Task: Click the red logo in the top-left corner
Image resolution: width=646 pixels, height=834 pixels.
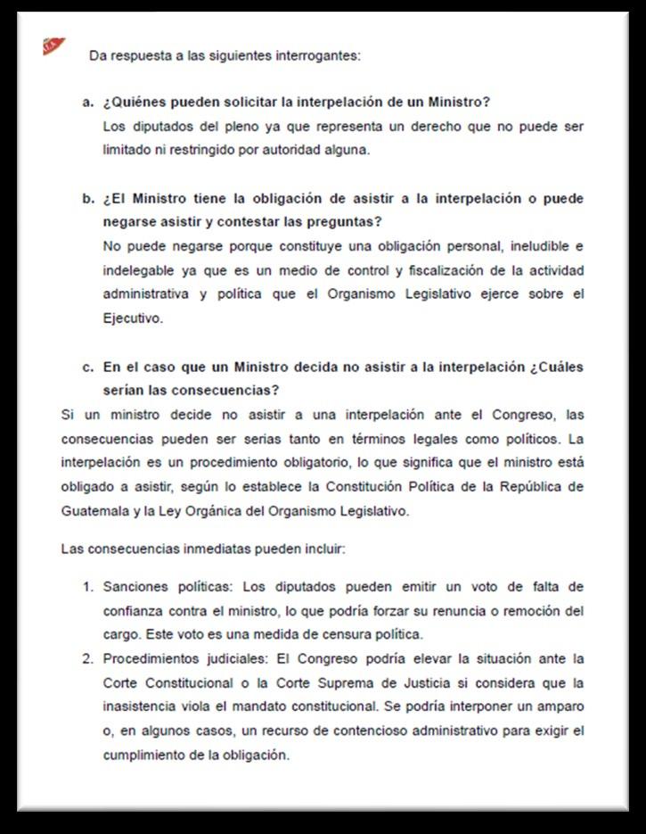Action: point(53,45)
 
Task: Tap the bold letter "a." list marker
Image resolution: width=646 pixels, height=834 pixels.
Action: point(88,103)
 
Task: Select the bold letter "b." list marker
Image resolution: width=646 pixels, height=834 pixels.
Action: point(88,198)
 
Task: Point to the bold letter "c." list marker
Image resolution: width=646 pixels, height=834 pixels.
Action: point(88,367)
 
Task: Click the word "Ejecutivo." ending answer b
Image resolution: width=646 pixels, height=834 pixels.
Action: point(134,318)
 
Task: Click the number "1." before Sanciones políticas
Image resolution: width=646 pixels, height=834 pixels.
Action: point(88,587)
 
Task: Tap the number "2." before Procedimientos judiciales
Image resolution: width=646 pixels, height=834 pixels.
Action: point(88,659)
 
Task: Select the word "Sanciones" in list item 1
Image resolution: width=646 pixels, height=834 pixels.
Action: point(133,587)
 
